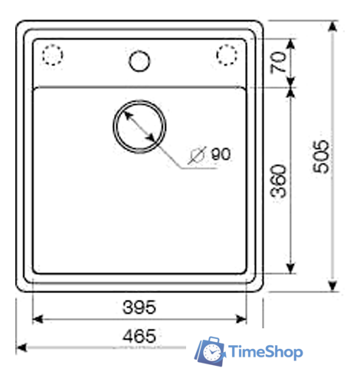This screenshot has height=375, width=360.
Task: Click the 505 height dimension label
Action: point(321,157)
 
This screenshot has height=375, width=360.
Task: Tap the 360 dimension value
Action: point(278,181)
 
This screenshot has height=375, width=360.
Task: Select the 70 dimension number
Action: point(278,62)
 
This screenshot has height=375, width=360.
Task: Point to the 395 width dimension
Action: point(139,307)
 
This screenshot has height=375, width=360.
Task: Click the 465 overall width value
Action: point(139,336)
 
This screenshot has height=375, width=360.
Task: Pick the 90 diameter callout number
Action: point(221,154)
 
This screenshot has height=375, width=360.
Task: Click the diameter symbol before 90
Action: point(197,155)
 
